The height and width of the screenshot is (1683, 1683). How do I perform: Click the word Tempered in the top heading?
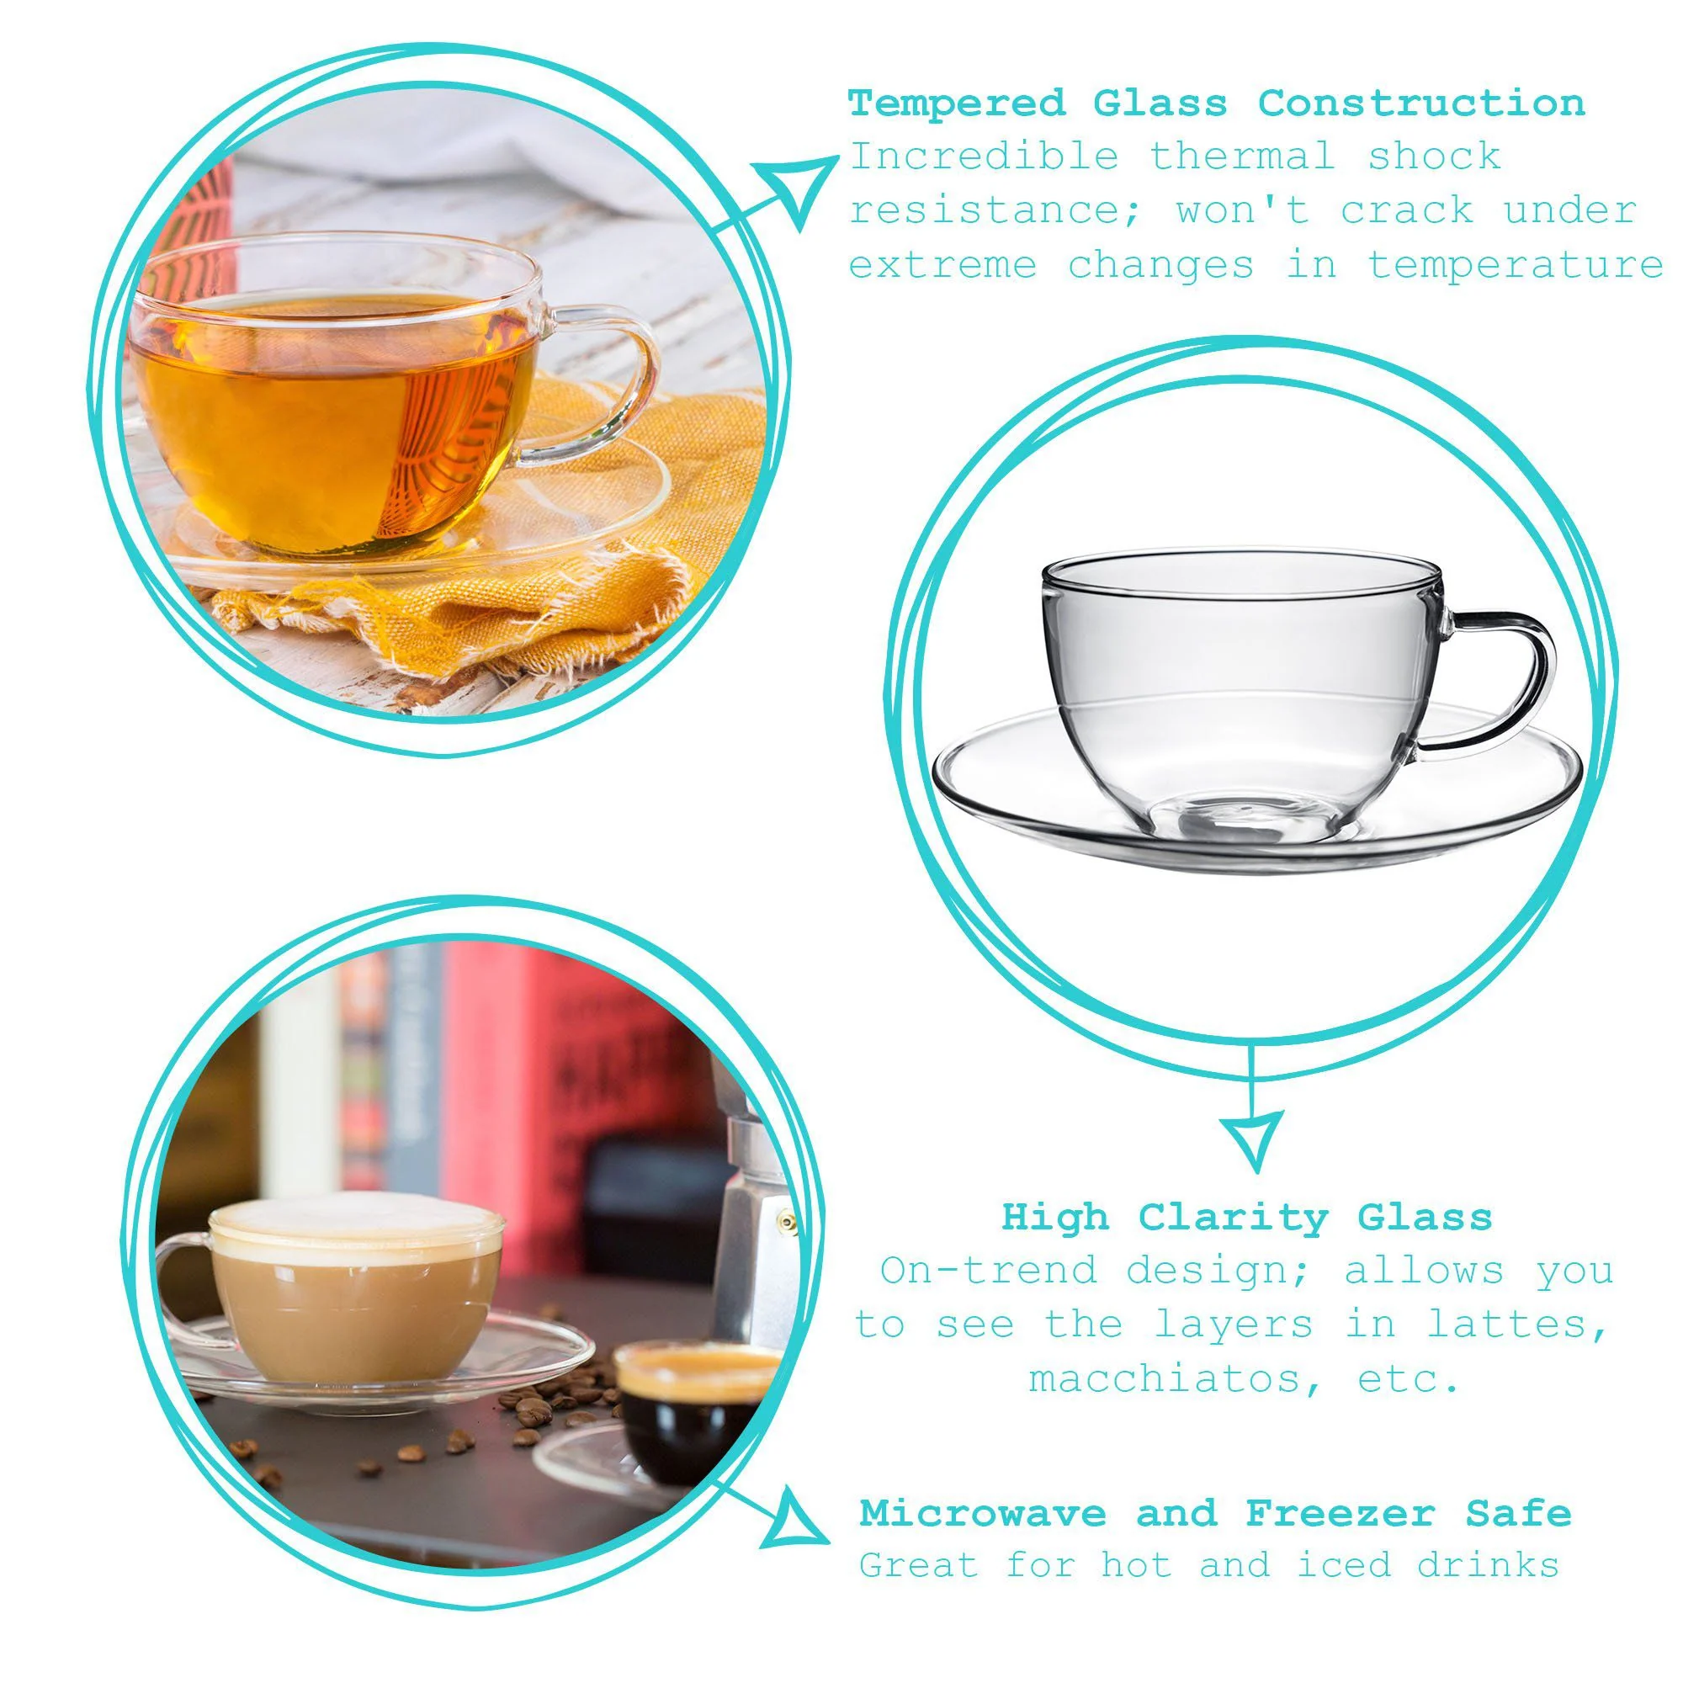click(958, 104)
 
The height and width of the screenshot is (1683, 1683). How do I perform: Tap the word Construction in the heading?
click(1420, 104)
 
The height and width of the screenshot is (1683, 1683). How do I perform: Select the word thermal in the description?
click(1242, 157)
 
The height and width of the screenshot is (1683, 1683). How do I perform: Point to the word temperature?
click(1515, 266)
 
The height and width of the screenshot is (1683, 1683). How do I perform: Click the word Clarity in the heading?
click(1233, 1217)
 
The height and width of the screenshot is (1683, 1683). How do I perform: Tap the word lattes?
click(1516, 1325)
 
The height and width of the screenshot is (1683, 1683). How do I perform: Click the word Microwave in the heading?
click(983, 1513)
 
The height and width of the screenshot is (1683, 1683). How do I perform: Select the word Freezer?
click(1340, 1513)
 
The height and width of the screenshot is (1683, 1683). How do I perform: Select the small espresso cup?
click(688, 1403)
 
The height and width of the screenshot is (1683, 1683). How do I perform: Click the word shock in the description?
click(1434, 157)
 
